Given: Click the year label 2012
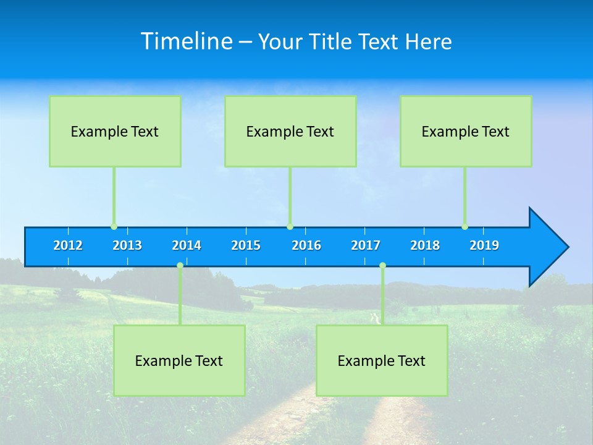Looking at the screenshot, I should click(x=68, y=245).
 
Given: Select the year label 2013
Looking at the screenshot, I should click(x=127, y=245).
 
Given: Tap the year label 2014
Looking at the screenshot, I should click(x=187, y=245).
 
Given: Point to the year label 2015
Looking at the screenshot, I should click(x=246, y=245).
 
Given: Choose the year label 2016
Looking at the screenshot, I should click(x=306, y=245).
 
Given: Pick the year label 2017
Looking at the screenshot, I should click(x=366, y=245).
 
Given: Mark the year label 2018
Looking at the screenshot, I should click(x=425, y=245).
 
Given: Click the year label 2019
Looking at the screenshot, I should click(x=484, y=245).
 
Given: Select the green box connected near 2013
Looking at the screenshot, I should click(x=115, y=131).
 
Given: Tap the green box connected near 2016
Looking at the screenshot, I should click(x=290, y=131).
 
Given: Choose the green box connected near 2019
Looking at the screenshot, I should click(x=466, y=131).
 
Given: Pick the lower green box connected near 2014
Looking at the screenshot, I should click(x=179, y=360).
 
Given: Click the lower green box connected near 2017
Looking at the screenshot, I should click(x=382, y=360).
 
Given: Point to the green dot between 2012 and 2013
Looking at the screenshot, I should click(x=114, y=227).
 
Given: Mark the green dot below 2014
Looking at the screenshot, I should click(x=180, y=266).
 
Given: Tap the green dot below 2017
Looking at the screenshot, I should click(x=382, y=266).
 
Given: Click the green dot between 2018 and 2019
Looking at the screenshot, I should click(x=465, y=227).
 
